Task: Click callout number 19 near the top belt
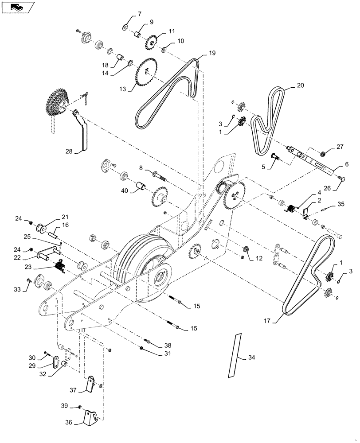click(212, 53)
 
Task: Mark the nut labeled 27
click(324, 154)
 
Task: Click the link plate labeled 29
click(55, 362)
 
